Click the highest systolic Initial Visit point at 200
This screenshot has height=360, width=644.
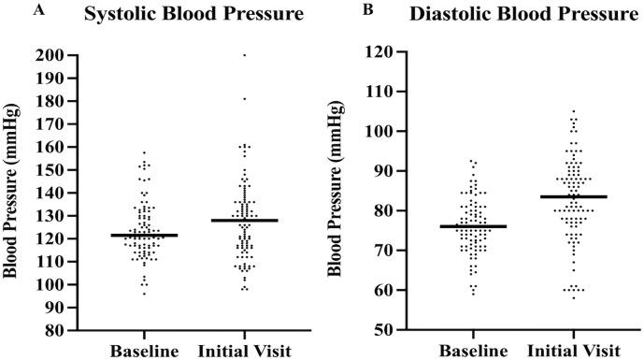click(244, 55)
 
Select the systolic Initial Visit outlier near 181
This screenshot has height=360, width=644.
click(244, 98)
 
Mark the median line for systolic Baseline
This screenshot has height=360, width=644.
click(144, 235)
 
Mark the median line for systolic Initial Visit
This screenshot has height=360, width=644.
click(244, 220)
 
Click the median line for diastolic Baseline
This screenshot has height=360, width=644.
click(474, 226)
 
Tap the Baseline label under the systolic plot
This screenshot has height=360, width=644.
click(144, 351)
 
